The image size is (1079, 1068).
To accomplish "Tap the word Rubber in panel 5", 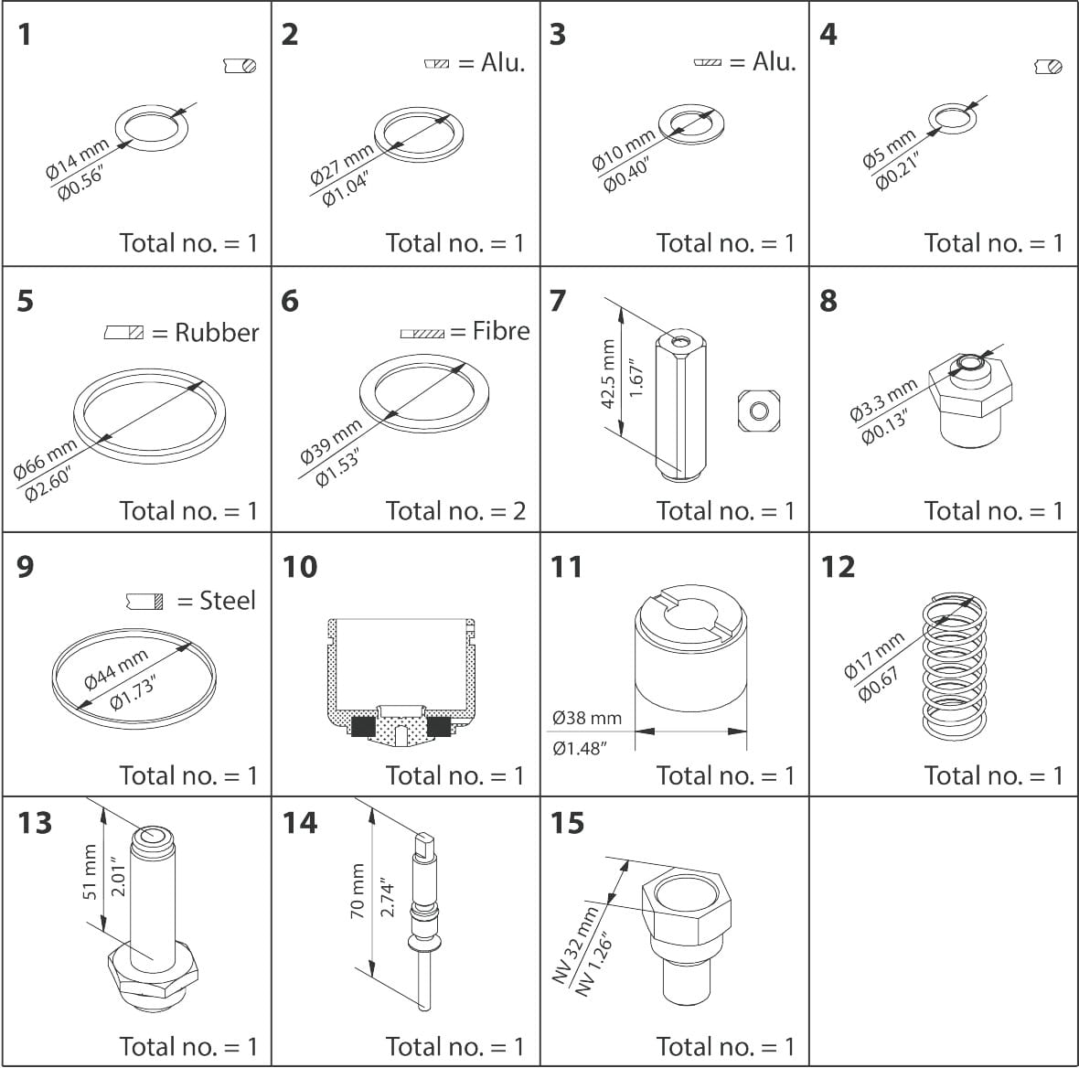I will (x=217, y=332).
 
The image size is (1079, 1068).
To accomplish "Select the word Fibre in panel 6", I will (x=501, y=330).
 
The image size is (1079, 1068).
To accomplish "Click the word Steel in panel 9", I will (x=228, y=601).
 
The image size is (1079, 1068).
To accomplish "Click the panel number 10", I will (x=300, y=567).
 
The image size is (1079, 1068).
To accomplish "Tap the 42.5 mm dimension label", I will (x=608, y=374).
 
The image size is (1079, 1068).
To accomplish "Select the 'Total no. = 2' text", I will (x=455, y=510).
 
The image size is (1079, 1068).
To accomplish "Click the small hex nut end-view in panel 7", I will (x=758, y=410).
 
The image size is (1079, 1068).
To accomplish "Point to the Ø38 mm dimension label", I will (x=587, y=718).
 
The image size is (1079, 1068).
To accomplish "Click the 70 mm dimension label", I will (x=358, y=892).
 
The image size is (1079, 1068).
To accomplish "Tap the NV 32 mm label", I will (x=576, y=945).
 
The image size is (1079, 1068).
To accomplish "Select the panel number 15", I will (x=567, y=823).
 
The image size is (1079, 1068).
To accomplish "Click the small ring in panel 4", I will (x=951, y=118).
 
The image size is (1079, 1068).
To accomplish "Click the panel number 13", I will (x=35, y=823).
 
